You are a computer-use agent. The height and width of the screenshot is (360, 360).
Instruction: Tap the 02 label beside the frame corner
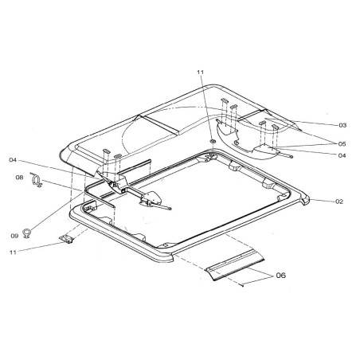pyautogui.click(x=338, y=202)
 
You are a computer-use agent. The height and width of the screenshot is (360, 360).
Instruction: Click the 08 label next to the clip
pyautogui.click(x=20, y=179)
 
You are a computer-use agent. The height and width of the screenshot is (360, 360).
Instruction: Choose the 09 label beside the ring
pyautogui.click(x=15, y=236)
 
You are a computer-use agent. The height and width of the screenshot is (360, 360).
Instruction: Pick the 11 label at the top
pyautogui.click(x=201, y=72)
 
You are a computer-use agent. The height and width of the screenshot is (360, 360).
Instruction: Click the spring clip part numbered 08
pyautogui.click(x=35, y=184)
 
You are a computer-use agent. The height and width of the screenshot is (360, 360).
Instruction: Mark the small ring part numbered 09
pyautogui.click(x=29, y=233)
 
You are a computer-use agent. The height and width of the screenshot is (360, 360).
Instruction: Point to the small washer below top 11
pyautogui.click(x=213, y=142)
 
